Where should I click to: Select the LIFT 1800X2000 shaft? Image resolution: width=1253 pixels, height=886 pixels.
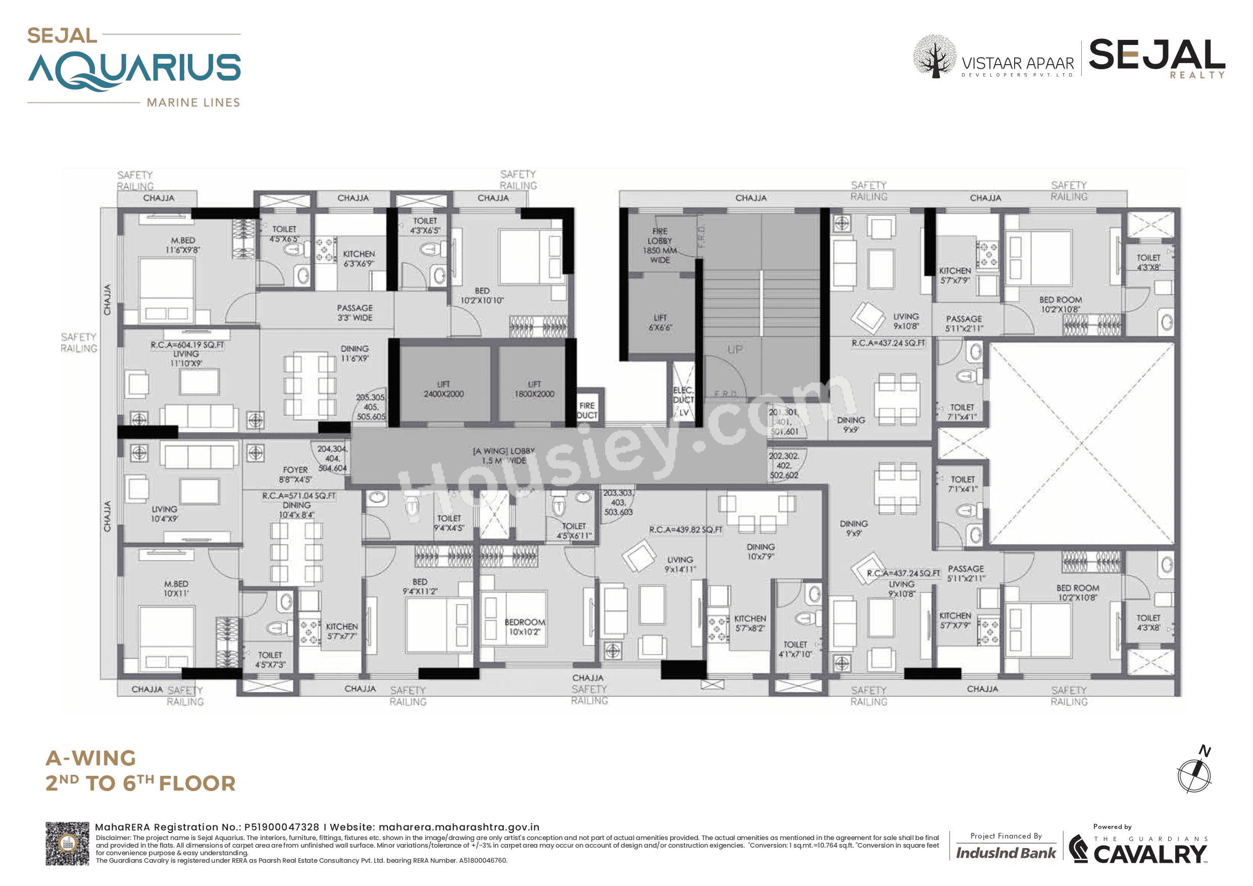click(534, 388)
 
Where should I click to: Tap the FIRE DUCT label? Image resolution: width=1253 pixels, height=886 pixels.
click(587, 410)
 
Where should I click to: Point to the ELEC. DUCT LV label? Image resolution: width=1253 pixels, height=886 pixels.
click(683, 401)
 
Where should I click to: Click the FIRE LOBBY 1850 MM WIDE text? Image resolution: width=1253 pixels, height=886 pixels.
click(659, 245)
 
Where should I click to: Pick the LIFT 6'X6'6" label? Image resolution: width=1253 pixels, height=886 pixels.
click(660, 322)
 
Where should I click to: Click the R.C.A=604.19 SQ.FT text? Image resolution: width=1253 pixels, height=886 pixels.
click(187, 345)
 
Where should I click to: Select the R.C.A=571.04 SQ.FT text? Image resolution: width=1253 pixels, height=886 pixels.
click(298, 496)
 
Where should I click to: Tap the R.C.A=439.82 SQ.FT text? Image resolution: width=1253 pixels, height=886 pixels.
click(685, 529)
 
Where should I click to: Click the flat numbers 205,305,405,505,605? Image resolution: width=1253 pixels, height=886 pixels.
click(371, 407)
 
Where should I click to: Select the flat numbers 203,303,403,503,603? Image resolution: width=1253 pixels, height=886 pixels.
click(618, 502)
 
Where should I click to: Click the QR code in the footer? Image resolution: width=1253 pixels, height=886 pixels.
click(67, 844)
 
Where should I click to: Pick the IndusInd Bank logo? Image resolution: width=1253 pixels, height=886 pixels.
click(1005, 853)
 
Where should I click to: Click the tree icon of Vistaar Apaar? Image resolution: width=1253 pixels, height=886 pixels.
click(935, 56)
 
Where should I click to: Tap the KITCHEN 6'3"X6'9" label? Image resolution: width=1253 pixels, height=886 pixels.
click(359, 259)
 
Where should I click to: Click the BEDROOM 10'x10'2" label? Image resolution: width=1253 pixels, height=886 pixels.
click(524, 627)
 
